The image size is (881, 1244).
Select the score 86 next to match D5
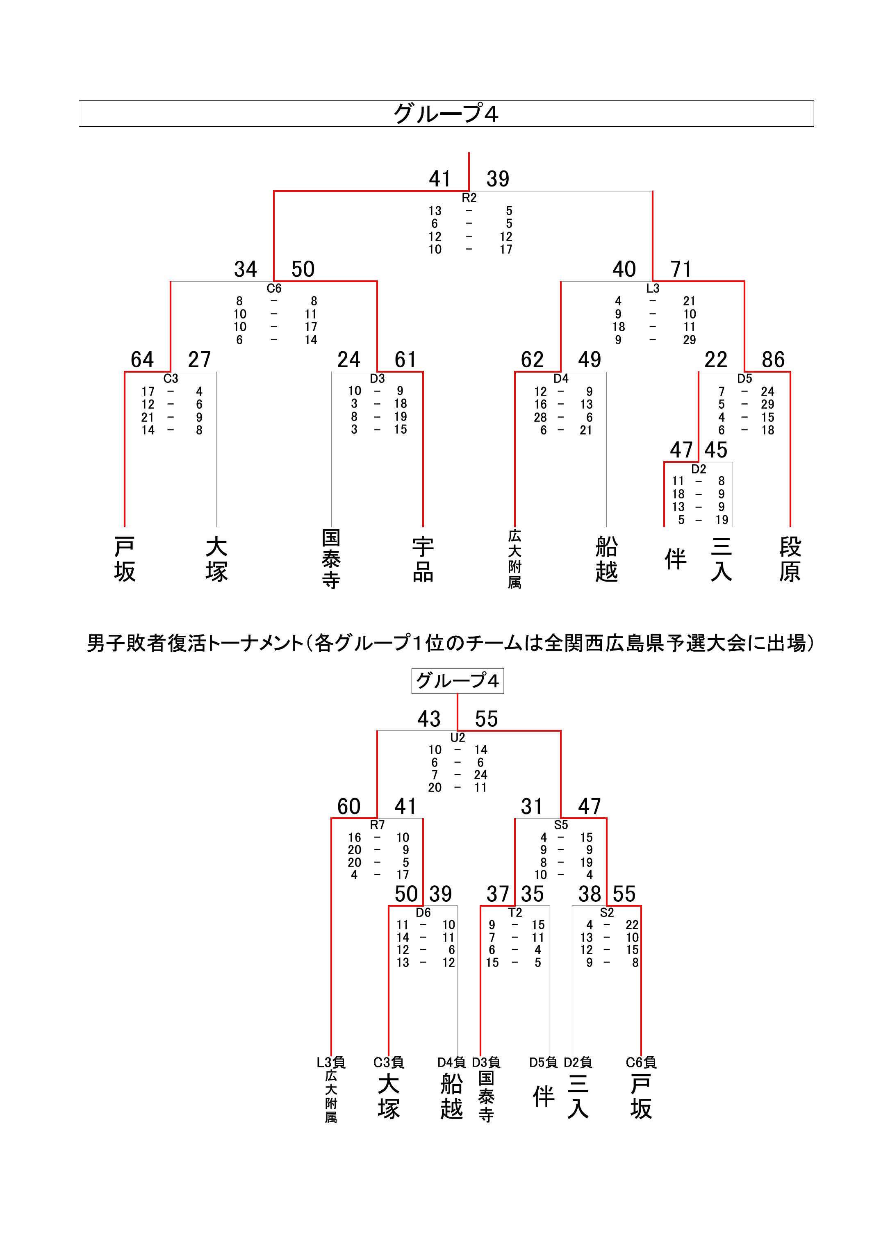pyautogui.click(x=773, y=359)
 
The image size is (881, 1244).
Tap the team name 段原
pyautogui.click(x=790, y=559)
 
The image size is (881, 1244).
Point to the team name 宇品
pyautogui.click(x=423, y=559)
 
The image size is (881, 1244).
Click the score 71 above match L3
pyautogui.click(x=681, y=269)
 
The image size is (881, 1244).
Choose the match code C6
pyautogui.click(x=274, y=289)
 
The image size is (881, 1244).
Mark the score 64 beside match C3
pyautogui.click(x=142, y=359)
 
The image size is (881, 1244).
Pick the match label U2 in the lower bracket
pyautogui.click(x=458, y=737)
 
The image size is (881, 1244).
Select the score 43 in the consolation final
pyautogui.click(x=428, y=719)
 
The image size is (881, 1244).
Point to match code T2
pyautogui.click(x=515, y=913)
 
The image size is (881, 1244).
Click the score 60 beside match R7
pyautogui.click(x=349, y=806)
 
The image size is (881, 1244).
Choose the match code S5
pyautogui.click(x=561, y=825)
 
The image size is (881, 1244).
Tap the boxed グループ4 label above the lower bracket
pyautogui.click(x=458, y=680)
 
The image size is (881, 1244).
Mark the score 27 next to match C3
pyautogui.click(x=199, y=359)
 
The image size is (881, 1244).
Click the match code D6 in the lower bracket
pyautogui.click(x=423, y=913)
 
